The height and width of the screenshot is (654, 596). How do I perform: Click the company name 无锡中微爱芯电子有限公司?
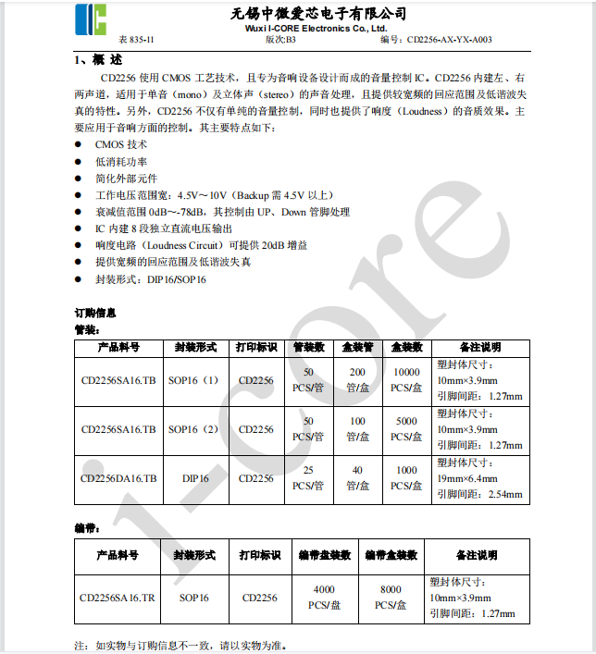(318, 13)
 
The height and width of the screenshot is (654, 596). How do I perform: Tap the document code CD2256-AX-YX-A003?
(449, 41)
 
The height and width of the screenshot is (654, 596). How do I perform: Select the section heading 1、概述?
(97, 59)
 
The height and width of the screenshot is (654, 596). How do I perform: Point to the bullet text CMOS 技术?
(121, 145)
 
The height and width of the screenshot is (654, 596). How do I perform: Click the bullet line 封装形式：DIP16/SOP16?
(150, 278)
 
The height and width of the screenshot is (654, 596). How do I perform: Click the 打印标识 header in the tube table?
(256, 348)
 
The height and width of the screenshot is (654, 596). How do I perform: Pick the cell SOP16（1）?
(193, 380)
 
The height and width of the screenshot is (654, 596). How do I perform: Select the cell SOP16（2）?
(193, 429)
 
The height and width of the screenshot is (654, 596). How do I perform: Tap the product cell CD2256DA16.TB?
(118, 478)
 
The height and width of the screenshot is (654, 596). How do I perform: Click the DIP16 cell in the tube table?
(194, 478)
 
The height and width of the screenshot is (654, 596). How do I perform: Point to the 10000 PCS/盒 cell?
(406, 380)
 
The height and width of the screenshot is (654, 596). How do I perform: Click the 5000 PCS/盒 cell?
(406, 429)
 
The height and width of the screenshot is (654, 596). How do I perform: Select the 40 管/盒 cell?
(356, 478)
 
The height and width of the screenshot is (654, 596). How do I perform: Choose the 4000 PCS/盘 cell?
(324, 598)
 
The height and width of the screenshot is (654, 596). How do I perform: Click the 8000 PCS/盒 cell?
(391, 598)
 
